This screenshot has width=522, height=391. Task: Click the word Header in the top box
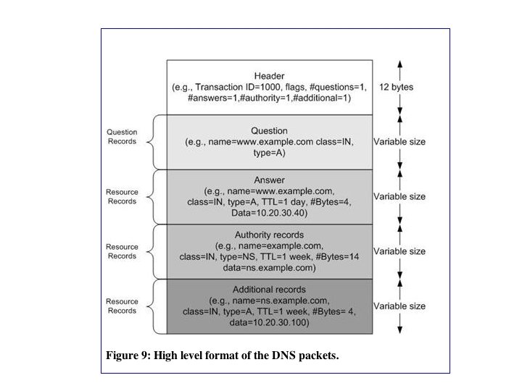point(270,76)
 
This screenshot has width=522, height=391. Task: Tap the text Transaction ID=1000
point(242,87)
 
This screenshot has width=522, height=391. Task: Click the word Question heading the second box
point(270,131)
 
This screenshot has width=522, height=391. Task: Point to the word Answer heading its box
point(270,180)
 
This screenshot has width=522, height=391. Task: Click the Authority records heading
point(270,235)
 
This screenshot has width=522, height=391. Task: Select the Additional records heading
point(270,290)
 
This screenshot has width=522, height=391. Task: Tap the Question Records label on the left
point(122,138)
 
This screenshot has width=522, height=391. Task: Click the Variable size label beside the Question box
point(399,142)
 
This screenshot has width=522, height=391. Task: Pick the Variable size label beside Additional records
point(399,306)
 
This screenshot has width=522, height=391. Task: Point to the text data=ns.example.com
point(270,267)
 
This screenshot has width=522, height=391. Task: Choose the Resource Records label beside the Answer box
point(122,197)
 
